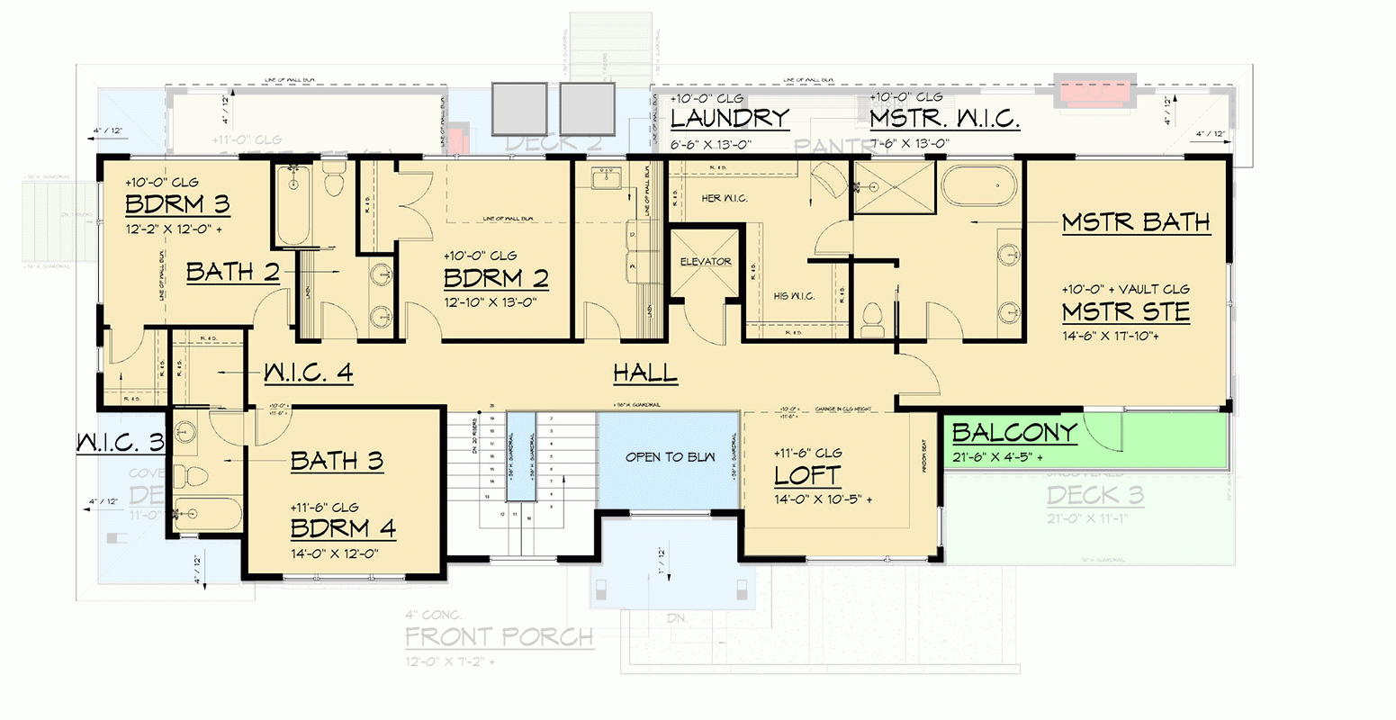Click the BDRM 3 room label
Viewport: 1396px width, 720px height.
tap(177, 205)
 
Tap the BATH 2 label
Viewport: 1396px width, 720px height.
tap(233, 272)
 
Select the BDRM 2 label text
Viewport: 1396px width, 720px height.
tap(496, 278)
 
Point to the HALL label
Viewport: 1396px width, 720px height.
tap(645, 373)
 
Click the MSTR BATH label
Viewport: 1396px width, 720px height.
tap(1136, 222)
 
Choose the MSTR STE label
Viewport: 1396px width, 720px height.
tap(1126, 312)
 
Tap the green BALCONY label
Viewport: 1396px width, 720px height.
tap(1014, 433)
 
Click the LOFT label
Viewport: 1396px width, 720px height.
tap(807, 475)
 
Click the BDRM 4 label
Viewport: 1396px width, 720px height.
tap(343, 528)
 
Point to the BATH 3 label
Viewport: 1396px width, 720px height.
tap(337, 462)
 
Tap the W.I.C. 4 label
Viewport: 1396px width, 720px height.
tap(308, 373)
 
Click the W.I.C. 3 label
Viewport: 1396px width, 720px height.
tap(120, 443)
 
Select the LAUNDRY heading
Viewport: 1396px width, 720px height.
tap(729, 118)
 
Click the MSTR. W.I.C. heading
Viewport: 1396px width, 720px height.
tap(944, 119)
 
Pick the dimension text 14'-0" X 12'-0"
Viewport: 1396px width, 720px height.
tap(334, 553)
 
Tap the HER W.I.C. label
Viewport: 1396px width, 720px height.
tap(725, 198)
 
